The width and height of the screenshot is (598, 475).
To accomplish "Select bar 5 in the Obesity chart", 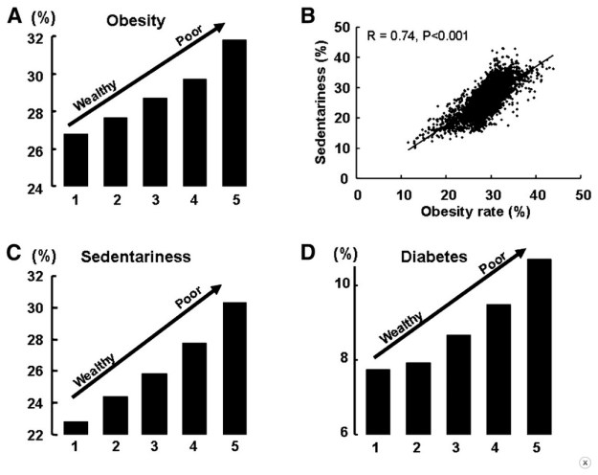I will coord(233,114).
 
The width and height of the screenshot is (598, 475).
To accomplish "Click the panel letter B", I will coord(335,16).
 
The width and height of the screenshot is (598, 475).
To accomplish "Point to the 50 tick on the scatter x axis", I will coord(581,194).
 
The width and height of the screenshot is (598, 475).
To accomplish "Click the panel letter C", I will coord(13,253).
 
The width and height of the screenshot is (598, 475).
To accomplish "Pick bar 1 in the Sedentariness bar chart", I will coord(76,427).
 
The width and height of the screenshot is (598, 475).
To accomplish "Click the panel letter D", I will coord(334,253).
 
